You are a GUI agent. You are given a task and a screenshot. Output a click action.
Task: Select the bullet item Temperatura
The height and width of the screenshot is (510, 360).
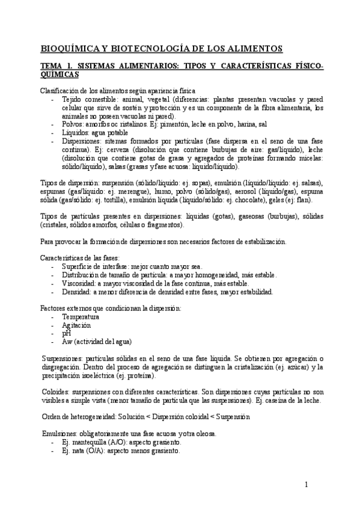(x=81, y=316)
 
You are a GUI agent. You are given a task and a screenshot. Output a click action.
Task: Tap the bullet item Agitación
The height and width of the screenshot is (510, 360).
(x=76, y=325)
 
